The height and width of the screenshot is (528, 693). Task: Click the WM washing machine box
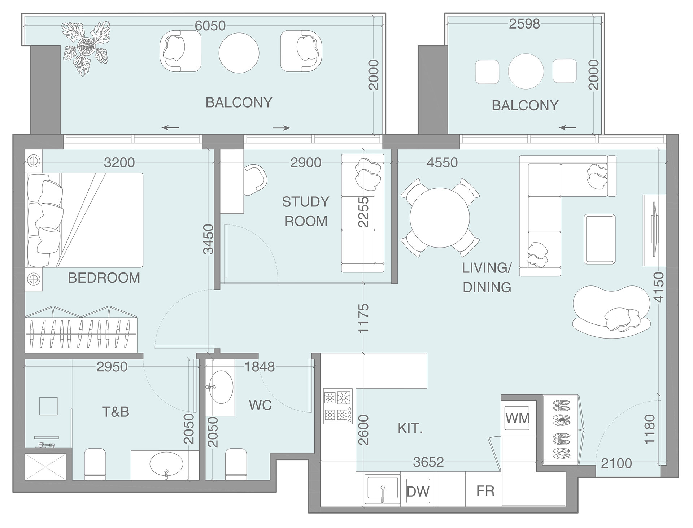(517, 418)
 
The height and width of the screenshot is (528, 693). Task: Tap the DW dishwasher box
(418, 491)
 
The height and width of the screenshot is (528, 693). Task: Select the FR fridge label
(485, 491)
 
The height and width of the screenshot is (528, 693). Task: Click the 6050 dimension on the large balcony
(210, 26)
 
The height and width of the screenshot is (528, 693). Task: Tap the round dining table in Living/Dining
(440, 218)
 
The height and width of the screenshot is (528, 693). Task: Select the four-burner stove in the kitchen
(338, 406)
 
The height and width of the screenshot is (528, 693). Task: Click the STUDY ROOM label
(306, 211)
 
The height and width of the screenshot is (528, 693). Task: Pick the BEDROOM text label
(104, 278)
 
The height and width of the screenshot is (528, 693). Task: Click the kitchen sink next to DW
(382, 489)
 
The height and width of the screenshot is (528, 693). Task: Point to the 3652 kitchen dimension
(428, 462)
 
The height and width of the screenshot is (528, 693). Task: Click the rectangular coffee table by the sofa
(600, 238)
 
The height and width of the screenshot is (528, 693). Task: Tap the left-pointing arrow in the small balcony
(568, 127)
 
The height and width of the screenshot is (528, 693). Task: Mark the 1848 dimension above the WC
(260, 367)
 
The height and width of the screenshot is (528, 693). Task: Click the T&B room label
(115, 412)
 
